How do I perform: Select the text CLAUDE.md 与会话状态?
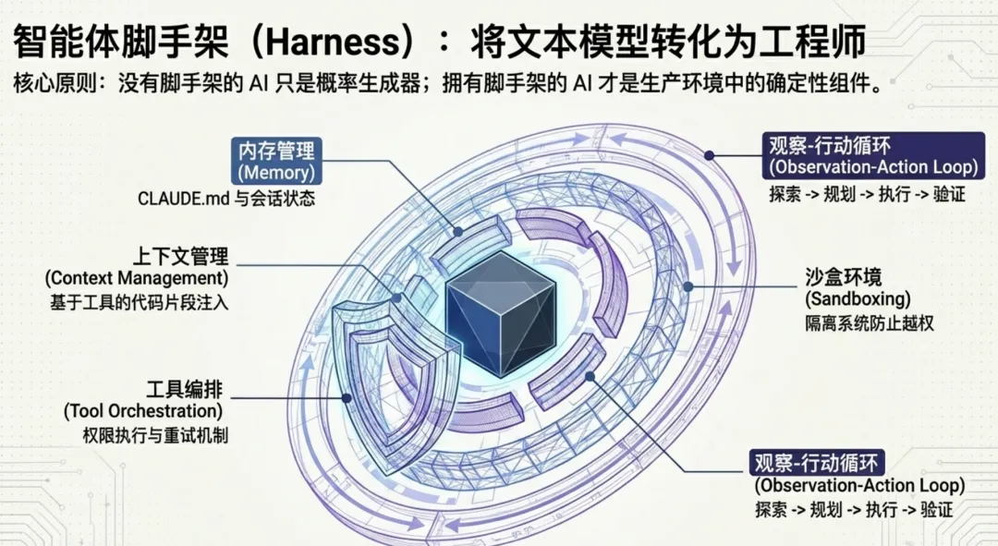coord(226,198)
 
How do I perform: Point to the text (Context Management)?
coord(136,277)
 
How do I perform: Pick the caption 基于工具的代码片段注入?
coord(137,300)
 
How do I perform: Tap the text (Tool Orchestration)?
coord(143,410)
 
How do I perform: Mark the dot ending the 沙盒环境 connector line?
coord(688,286)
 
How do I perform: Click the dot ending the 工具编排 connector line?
coord(346,398)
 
